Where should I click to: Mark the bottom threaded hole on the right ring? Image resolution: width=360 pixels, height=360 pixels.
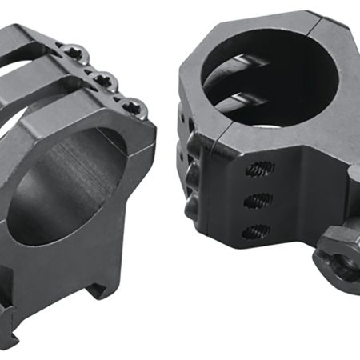pyautogui.click(x=254, y=230)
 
